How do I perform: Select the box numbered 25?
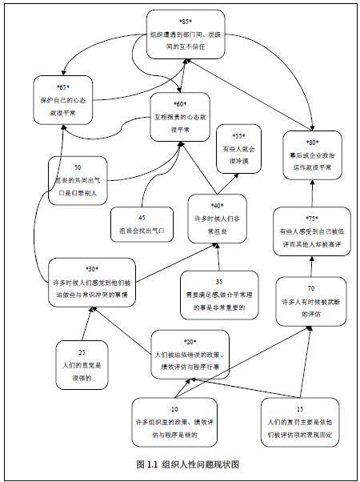tap(82, 362)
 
